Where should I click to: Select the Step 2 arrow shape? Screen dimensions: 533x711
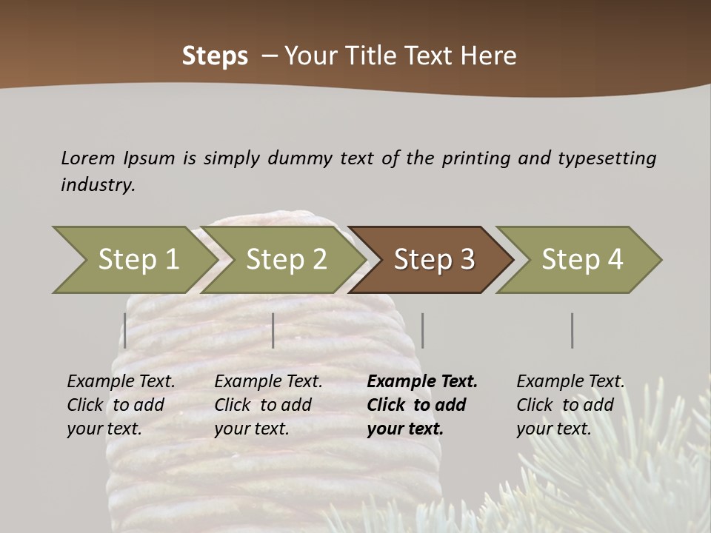click(286, 260)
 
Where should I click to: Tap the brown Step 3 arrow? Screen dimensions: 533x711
click(434, 260)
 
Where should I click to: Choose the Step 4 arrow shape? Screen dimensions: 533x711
click(582, 260)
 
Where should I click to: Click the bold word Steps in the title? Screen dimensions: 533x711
click(215, 56)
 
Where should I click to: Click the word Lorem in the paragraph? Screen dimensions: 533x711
click(88, 158)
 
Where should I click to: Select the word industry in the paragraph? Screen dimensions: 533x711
click(97, 185)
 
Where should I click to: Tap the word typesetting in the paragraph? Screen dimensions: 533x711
click(607, 158)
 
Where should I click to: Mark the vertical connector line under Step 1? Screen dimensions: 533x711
click(125, 330)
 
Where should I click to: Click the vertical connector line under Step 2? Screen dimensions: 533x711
click(273, 330)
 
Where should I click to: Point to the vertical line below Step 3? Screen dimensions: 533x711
click(423, 330)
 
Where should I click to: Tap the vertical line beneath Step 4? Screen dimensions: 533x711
click(573, 330)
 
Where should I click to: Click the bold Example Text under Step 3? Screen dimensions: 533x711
click(422, 382)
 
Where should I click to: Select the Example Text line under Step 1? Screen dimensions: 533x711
click(121, 382)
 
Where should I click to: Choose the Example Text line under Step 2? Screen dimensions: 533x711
click(268, 382)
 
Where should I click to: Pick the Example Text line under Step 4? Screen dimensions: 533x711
click(570, 382)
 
